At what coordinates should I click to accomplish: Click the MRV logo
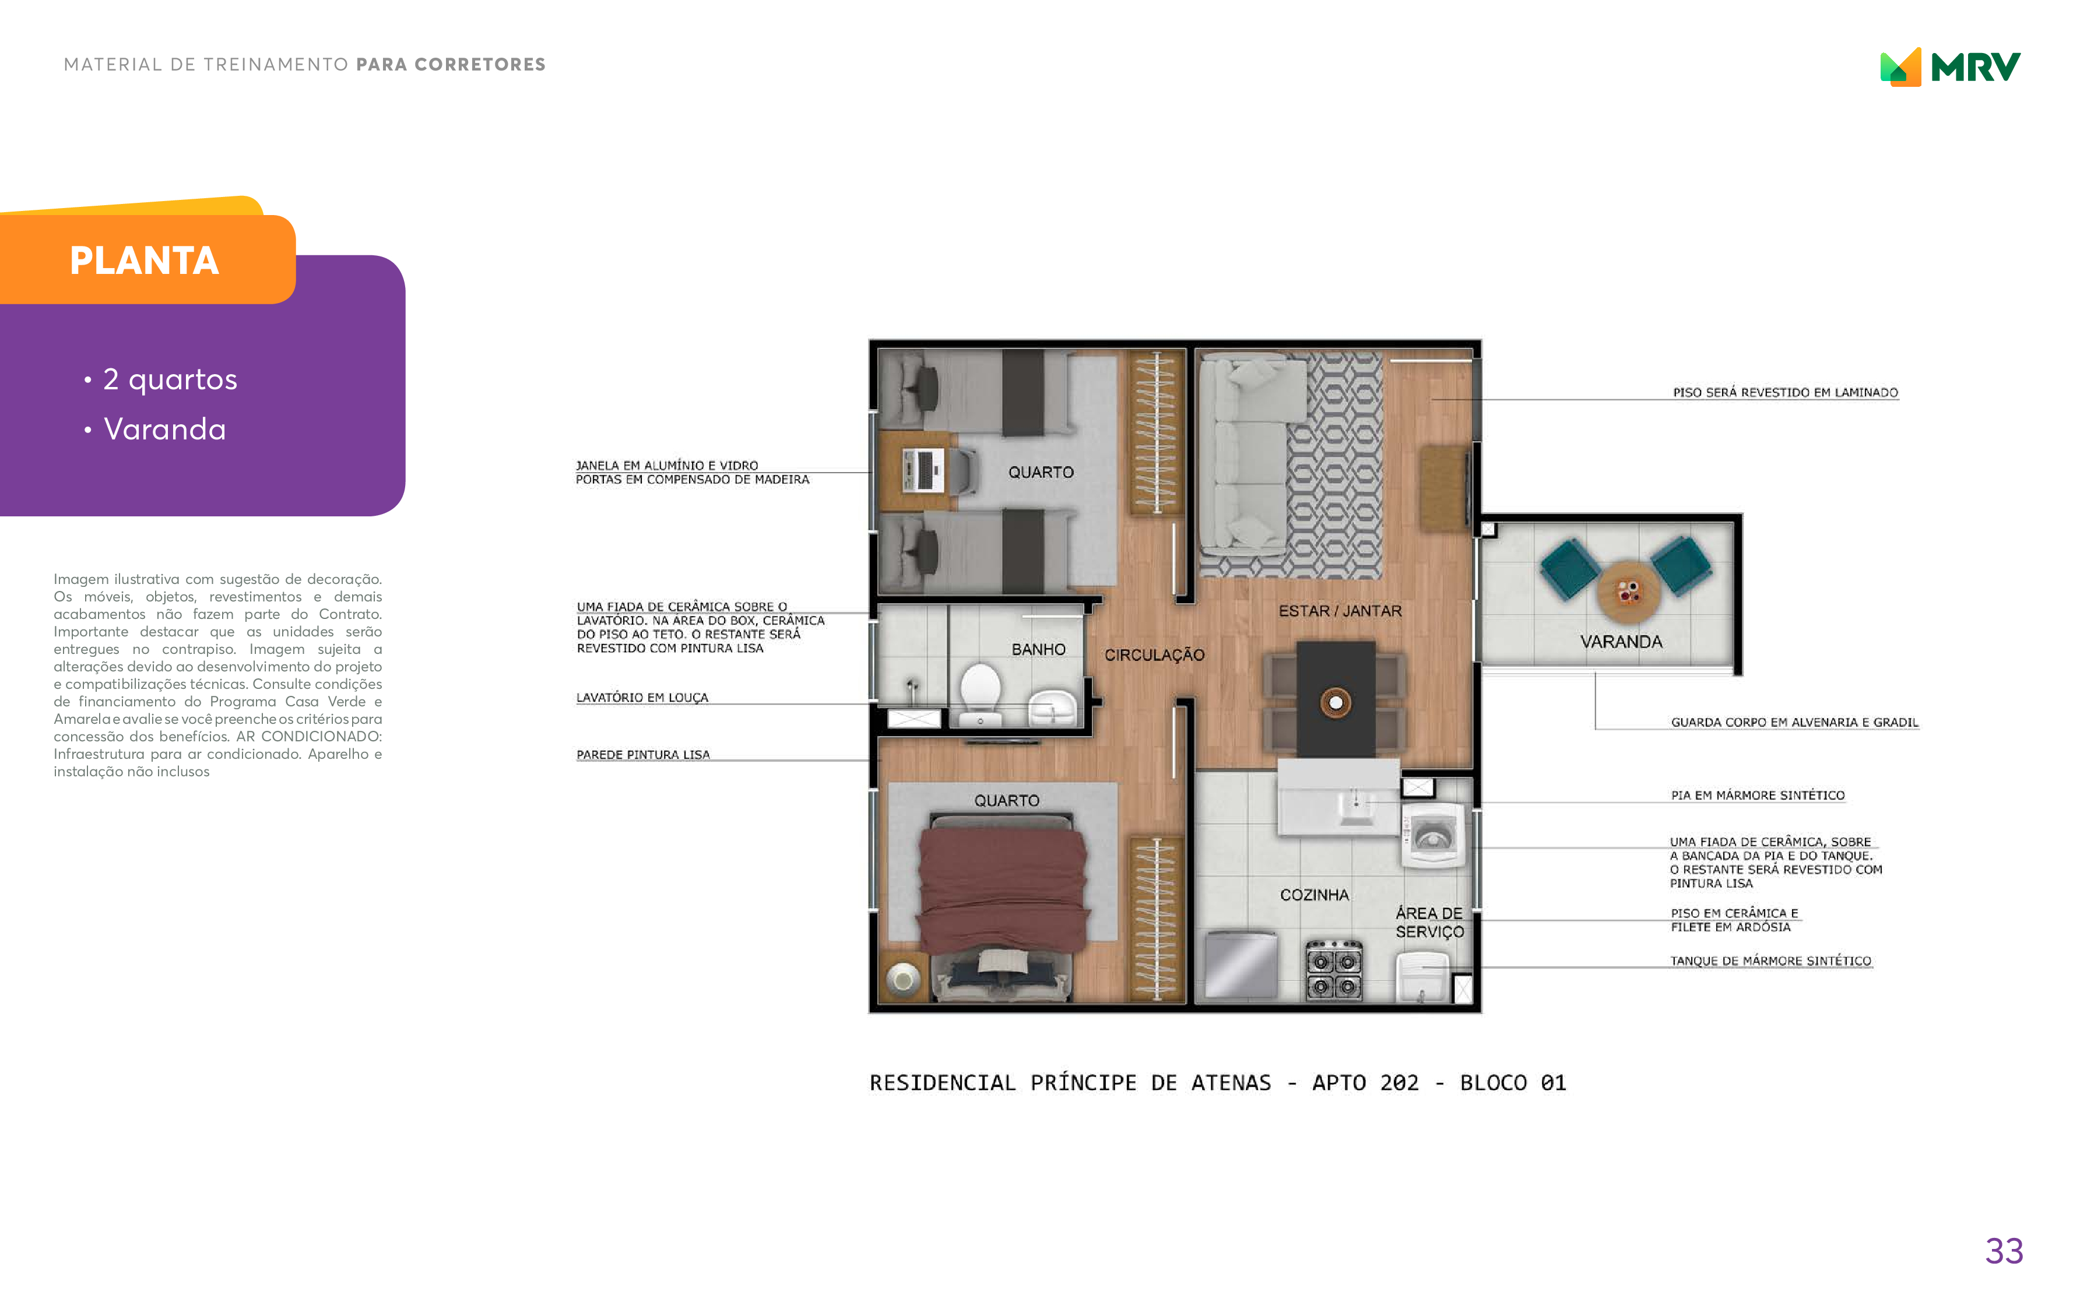pyautogui.click(x=1949, y=67)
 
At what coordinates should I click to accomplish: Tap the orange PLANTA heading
pyautogui.click(x=144, y=261)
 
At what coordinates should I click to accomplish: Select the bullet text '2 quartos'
pyautogui.click(x=170, y=379)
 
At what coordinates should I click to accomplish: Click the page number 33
pyautogui.click(x=2004, y=1251)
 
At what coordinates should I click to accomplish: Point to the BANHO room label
pyautogui.click(x=1038, y=649)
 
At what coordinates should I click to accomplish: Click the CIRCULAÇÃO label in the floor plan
pyautogui.click(x=1154, y=654)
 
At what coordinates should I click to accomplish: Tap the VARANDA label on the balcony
pyautogui.click(x=1621, y=642)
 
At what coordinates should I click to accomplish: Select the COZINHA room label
pyautogui.click(x=1314, y=895)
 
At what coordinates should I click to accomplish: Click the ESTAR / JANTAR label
pyautogui.click(x=1340, y=611)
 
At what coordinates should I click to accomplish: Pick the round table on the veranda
pyautogui.click(x=1628, y=591)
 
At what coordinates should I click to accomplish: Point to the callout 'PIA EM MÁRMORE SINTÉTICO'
pyautogui.click(x=1757, y=795)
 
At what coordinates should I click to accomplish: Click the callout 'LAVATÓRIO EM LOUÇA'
pyautogui.click(x=642, y=697)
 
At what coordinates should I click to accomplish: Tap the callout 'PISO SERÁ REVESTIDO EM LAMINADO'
pyautogui.click(x=1785, y=392)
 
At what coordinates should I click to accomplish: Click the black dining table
pyautogui.click(x=1336, y=699)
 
